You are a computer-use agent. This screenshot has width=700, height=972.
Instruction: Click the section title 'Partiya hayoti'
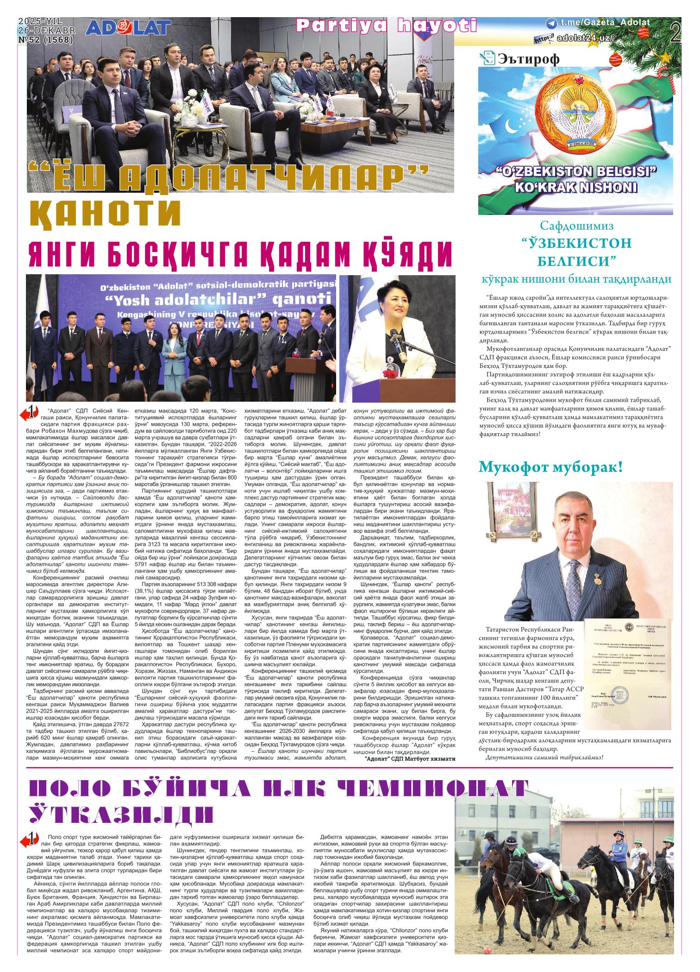point(387,26)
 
